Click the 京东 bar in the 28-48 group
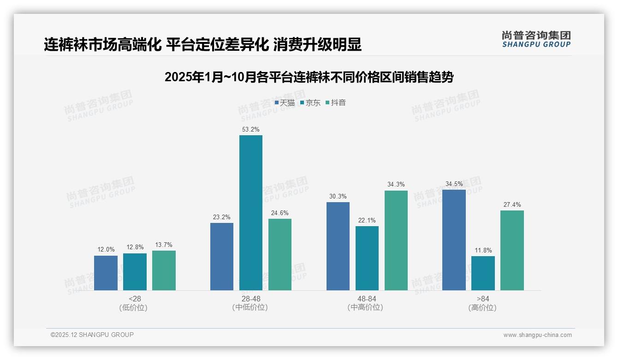pyautogui.click(x=250, y=212)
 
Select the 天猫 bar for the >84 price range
pyautogui.click(x=454, y=240)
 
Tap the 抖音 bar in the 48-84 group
pyautogui.click(x=396, y=240)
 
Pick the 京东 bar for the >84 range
pyautogui.click(x=483, y=273)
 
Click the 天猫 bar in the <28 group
pyautogui.click(x=106, y=273)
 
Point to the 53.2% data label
pyautogui.click(x=250, y=130)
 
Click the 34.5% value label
pyautogui.click(x=454, y=184)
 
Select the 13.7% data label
pyautogui.click(x=164, y=245)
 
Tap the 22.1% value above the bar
pyautogui.click(x=367, y=221)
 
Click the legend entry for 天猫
pyautogui.click(x=285, y=103)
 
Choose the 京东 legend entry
pyautogui.click(x=310, y=103)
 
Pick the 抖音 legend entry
pyautogui.click(x=336, y=103)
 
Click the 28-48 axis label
pyautogui.click(x=250, y=299)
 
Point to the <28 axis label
pyautogui.click(x=135, y=299)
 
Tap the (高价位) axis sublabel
pyautogui.click(x=482, y=308)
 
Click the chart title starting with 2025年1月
pyautogui.click(x=309, y=77)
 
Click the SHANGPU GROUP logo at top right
pyautogui.click(x=536, y=39)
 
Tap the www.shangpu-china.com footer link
pyautogui.click(x=537, y=335)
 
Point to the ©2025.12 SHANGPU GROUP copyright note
pyautogui.click(x=92, y=335)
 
